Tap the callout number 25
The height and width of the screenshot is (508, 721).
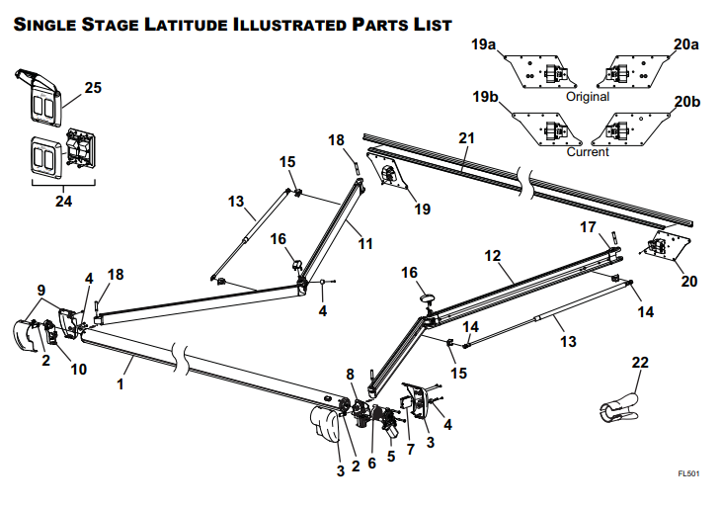tap(93, 88)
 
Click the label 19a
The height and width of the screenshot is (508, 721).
tap(484, 44)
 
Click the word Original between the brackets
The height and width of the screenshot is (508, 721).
tap(588, 97)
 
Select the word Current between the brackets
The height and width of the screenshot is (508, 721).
tap(588, 152)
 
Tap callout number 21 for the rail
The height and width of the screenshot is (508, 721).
tap(466, 138)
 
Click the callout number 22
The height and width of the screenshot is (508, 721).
tap(641, 364)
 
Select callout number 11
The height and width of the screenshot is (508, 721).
tap(365, 242)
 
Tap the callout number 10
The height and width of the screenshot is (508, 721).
tap(78, 369)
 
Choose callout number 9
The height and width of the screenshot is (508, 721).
tap(40, 291)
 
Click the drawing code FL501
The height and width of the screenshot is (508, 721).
tap(688, 474)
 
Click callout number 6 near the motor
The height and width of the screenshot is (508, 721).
tap(372, 463)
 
